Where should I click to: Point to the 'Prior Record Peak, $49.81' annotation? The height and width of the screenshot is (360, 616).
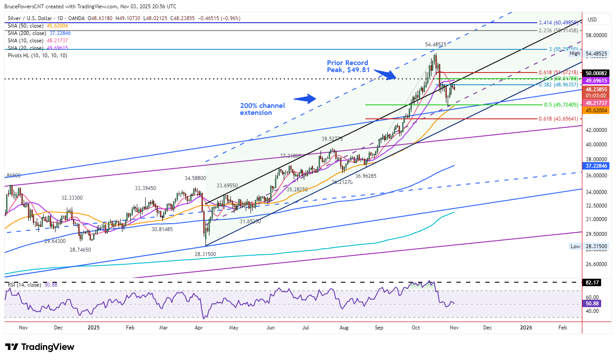[348, 66]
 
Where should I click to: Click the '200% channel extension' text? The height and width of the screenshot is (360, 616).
[262, 109]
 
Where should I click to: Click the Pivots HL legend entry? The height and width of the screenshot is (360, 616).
[38, 55]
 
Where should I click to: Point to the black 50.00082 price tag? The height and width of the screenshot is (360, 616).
[596, 73]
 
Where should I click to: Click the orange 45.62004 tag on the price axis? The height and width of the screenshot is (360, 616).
[596, 111]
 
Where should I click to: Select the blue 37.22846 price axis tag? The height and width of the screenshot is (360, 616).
[596, 166]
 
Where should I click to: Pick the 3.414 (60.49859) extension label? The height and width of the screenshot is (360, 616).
[559, 22]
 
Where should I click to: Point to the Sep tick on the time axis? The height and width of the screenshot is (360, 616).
[379, 327]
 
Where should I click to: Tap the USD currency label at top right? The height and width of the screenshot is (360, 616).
[592, 20]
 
